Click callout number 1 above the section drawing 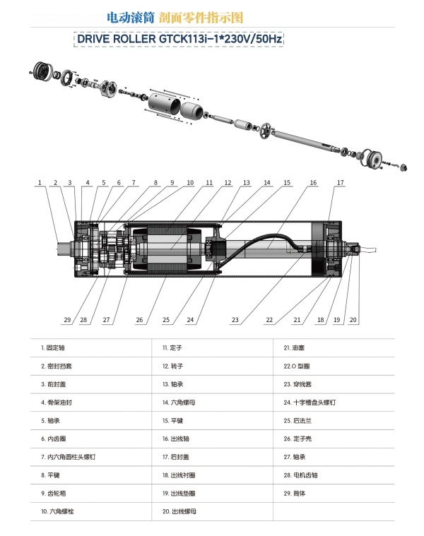[x=40, y=183]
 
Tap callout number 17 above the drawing [x=340, y=183]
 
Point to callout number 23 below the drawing [x=235, y=320]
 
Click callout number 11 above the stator [x=209, y=183]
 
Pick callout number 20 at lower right [x=353, y=320]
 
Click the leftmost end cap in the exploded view [x=45, y=71]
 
